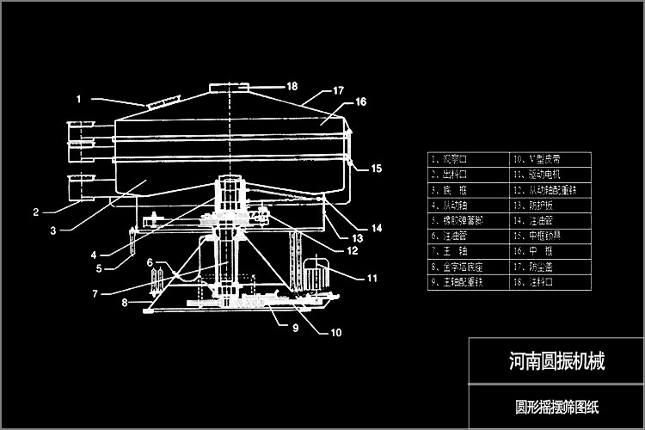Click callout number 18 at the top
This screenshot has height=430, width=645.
(292, 86)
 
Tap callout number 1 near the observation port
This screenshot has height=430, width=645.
(78, 99)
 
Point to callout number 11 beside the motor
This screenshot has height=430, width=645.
(372, 278)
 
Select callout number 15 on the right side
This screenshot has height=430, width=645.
(376, 169)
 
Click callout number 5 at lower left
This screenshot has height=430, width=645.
(99, 268)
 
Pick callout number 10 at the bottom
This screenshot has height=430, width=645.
(335, 332)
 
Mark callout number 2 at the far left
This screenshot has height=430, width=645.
(36, 212)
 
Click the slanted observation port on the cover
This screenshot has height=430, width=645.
(157, 104)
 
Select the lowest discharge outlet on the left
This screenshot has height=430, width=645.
(83, 186)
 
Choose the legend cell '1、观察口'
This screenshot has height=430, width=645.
(469, 159)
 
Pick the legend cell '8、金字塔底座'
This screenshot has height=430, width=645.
(469, 267)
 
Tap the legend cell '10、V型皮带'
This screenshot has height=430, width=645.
(550, 159)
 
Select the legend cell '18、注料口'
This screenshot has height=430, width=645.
(550, 282)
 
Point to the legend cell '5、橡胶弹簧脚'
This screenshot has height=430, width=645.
(469, 220)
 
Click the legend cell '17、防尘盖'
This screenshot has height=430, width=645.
(550, 267)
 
